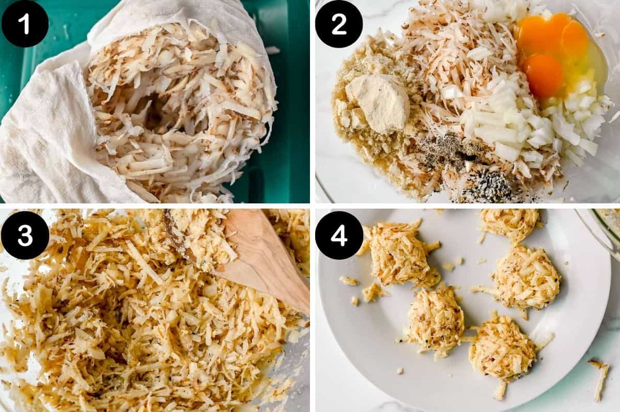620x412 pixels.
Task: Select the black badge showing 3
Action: (25, 235)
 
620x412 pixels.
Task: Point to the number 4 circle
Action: (339, 235)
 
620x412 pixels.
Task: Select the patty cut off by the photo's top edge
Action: (512, 222)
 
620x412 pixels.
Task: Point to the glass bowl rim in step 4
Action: (602, 232)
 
